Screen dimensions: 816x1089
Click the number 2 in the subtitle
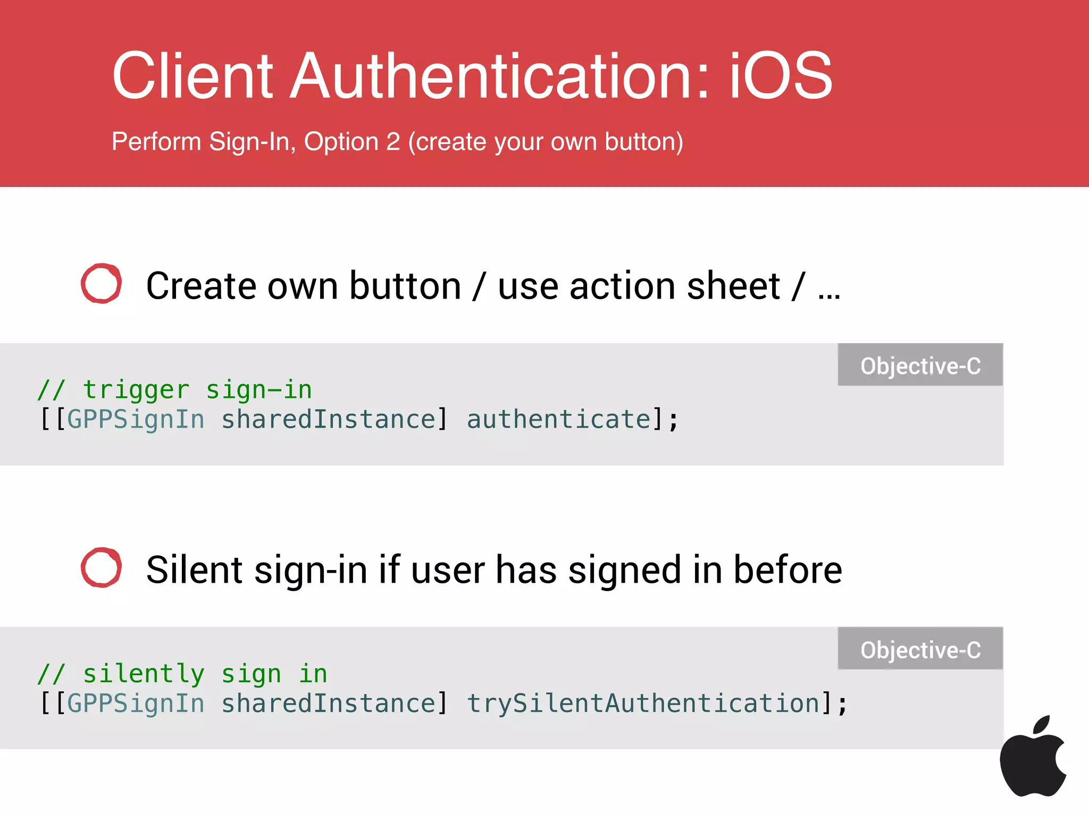(x=393, y=142)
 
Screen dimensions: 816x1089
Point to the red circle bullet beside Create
(x=101, y=283)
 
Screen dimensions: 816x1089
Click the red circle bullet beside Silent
(x=101, y=567)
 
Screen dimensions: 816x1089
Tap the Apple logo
(x=1033, y=756)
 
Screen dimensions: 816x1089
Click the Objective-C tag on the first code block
(x=920, y=365)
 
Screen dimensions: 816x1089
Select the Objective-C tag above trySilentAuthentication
(x=920, y=649)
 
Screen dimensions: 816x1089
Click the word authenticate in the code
(x=559, y=420)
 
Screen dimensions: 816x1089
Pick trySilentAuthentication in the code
(x=643, y=703)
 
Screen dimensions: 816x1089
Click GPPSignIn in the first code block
(x=136, y=420)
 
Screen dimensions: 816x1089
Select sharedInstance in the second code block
(x=329, y=703)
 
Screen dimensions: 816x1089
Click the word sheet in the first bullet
(x=733, y=286)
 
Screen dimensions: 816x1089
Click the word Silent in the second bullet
(x=195, y=569)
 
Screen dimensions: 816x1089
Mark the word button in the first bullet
(x=405, y=286)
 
